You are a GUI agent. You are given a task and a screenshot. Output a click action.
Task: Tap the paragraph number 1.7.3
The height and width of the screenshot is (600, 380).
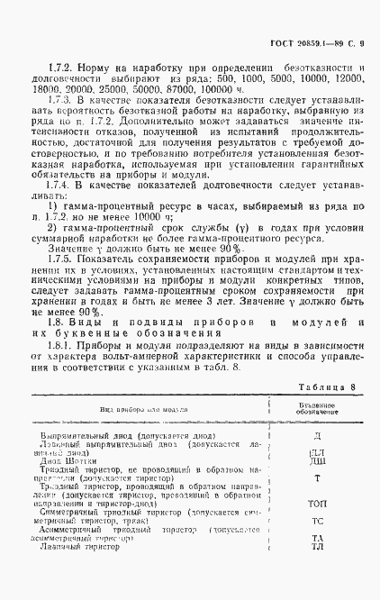tap(45, 104)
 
